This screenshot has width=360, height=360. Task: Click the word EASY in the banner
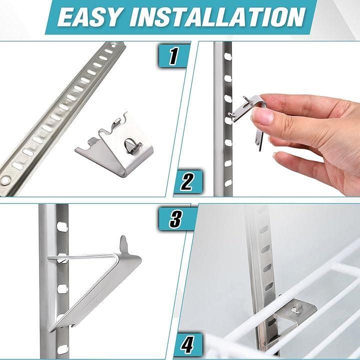pyautogui.click(x=89, y=17)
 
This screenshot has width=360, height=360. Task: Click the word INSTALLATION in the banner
pyautogui.click(x=217, y=17)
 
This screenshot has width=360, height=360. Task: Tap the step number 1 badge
pyautogui.click(x=173, y=56)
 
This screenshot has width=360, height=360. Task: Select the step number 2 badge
pyautogui.click(x=187, y=181)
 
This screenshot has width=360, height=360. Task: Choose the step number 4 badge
pyautogui.click(x=187, y=344)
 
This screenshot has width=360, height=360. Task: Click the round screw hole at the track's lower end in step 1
pyautogui.click(x=5, y=180)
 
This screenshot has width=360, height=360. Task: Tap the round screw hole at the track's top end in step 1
pyautogui.click(x=113, y=45)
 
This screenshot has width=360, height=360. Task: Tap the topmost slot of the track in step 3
pyautogui.click(x=62, y=227)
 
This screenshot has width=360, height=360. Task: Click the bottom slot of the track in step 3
pyautogui.click(x=62, y=349)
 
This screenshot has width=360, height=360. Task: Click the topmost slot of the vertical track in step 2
pyautogui.click(x=228, y=56)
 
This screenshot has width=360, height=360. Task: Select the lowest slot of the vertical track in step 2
pyautogui.click(x=228, y=183)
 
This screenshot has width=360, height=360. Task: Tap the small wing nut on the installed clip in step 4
pyautogui.click(x=295, y=308)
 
